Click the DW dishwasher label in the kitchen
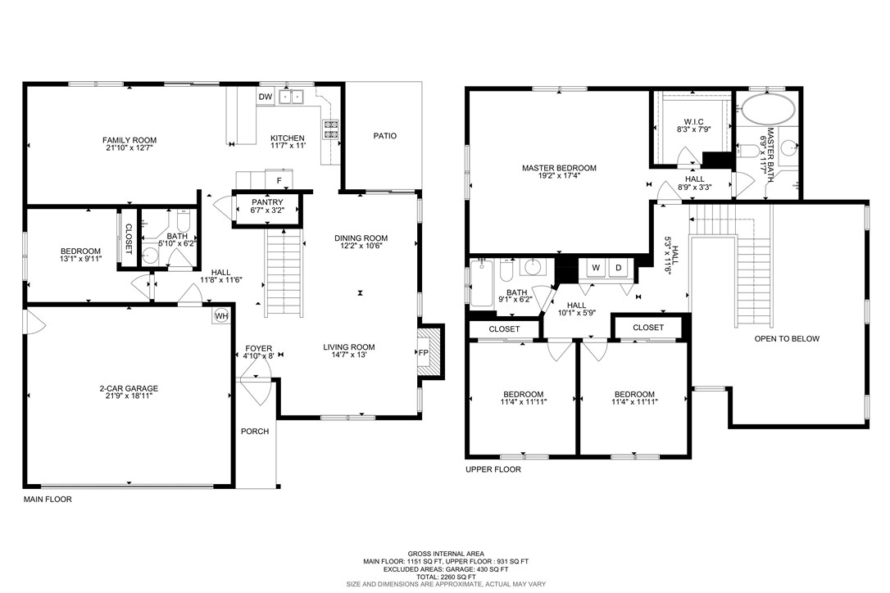pyautogui.click(x=265, y=97)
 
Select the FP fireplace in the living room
pyautogui.click(x=424, y=352)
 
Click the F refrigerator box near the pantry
pyautogui.click(x=279, y=180)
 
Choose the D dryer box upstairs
pyautogui.click(x=619, y=268)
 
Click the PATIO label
pyautogui.click(x=384, y=136)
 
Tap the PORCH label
pyautogui.click(x=254, y=432)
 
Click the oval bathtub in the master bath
pyautogui.click(x=767, y=107)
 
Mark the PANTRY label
pyautogui.click(x=266, y=202)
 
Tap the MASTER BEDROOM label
pyautogui.click(x=559, y=168)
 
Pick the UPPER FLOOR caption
pyautogui.click(x=493, y=470)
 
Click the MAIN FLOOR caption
pyautogui.click(x=47, y=498)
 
